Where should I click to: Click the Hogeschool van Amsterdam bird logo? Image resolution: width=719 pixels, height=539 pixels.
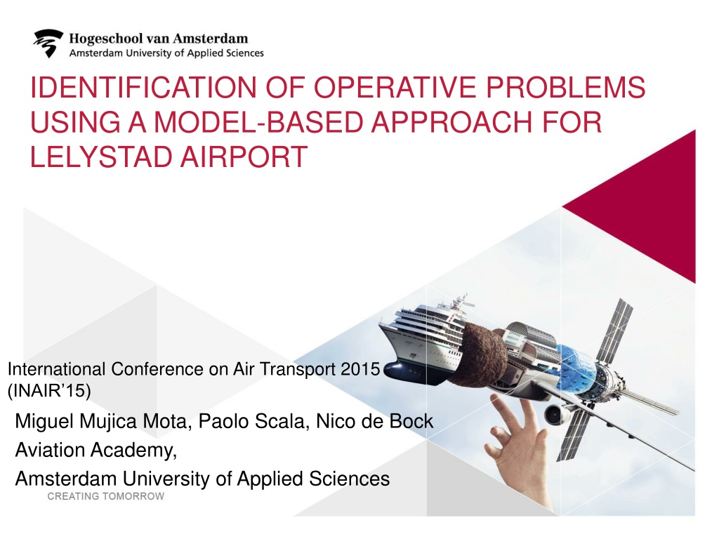coord(48,43)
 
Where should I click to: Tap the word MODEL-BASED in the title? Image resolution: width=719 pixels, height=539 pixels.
coord(260,122)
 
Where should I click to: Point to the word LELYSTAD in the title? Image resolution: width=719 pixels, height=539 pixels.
coord(101,157)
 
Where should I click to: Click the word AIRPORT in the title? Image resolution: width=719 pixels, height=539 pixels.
coord(244,157)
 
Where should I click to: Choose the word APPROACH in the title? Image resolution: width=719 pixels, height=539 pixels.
coord(451,122)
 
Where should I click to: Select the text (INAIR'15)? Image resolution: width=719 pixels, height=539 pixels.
coord(49,390)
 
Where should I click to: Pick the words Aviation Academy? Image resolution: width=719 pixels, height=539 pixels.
coord(95,450)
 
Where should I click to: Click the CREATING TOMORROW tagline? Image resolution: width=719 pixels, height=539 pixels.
coord(106,496)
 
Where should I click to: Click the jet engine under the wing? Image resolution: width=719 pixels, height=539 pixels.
coord(557,414)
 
